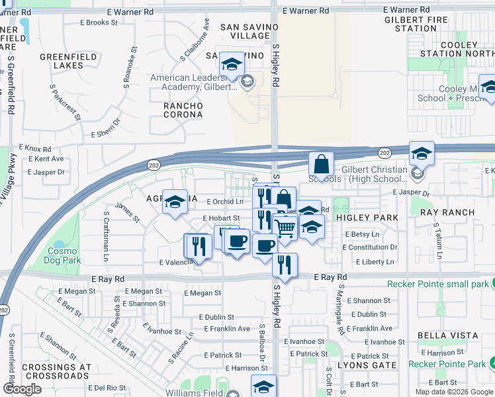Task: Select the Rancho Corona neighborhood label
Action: tap(183, 110)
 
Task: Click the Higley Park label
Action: tap(367, 218)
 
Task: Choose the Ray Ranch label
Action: tap(447, 212)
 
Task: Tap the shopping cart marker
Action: tap(285, 228)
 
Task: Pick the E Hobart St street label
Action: tap(220, 218)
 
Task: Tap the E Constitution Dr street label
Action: tap(370, 247)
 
